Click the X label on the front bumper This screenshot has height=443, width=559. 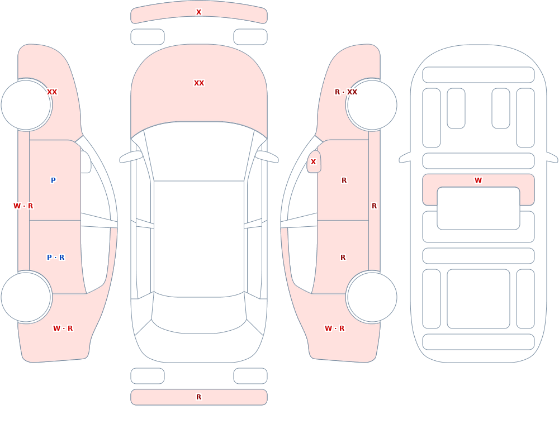tap(198, 12)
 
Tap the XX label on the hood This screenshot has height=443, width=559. tap(199, 83)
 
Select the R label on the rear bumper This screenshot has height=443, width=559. tap(198, 397)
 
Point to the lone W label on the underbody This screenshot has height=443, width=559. tap(478, 180)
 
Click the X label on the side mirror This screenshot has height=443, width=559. tap(314, 162)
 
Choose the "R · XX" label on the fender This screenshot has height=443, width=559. tap(346, 92)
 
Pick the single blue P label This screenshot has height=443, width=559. tap(53, 180)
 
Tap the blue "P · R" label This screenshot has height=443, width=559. tap(55, 258)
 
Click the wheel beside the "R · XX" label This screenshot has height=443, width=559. tap(372, 105)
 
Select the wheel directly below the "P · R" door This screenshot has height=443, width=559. tap(26, 297)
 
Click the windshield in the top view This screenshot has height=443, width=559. tap(199, 151)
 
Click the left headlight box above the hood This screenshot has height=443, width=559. tap(148, 37)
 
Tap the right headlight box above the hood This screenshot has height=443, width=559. tap(250, 37)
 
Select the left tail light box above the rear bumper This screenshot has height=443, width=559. tap(148, 376)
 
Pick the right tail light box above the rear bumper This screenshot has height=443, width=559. tap(250, 376)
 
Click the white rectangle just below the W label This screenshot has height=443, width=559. tap(479, 208)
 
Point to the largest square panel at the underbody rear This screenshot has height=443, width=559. tap(479, 299)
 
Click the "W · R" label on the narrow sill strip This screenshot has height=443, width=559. tap(23, 206)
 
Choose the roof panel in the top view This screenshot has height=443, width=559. tap(199, 239)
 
